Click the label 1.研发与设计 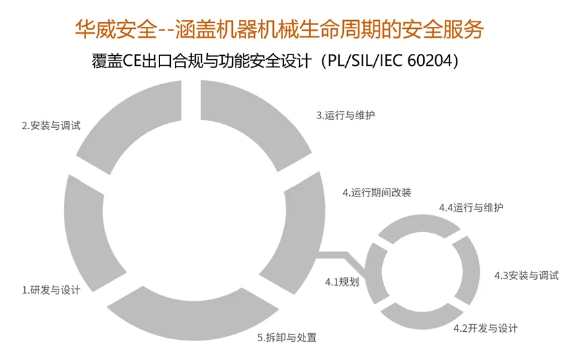pos(51,291)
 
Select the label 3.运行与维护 pos(345,115)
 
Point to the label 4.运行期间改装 pos(376,192)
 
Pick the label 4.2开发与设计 pos(485,328)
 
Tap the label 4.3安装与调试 pos(526,275)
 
